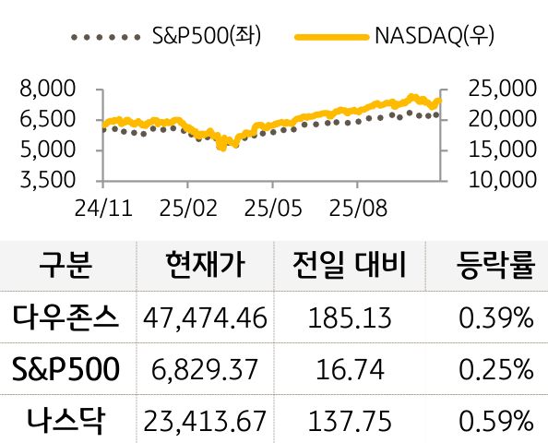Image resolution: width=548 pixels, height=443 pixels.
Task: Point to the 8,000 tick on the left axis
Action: point(45,90)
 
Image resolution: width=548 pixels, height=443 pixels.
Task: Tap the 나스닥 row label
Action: point(66,421)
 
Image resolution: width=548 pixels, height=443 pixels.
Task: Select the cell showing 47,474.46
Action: point(206,318)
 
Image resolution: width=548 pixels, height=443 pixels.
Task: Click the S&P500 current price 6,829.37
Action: point(206,370)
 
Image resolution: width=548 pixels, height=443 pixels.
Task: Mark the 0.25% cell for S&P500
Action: point(496,370)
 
